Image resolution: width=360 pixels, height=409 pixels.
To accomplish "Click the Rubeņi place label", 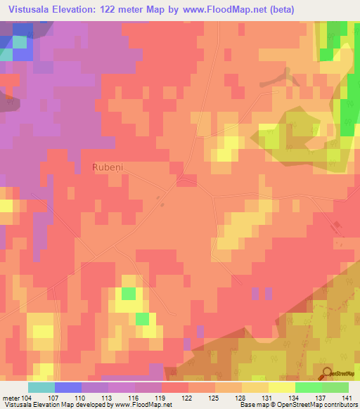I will click(x=107, y=167).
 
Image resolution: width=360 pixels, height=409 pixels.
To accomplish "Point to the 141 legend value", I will click(x=350, y=398).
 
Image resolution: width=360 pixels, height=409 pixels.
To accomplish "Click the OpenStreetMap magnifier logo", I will click(x=327, y=374).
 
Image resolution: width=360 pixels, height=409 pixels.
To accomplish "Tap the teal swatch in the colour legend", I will click(x=41, y=387).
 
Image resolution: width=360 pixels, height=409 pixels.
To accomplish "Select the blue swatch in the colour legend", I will click(x=67, y=387).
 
